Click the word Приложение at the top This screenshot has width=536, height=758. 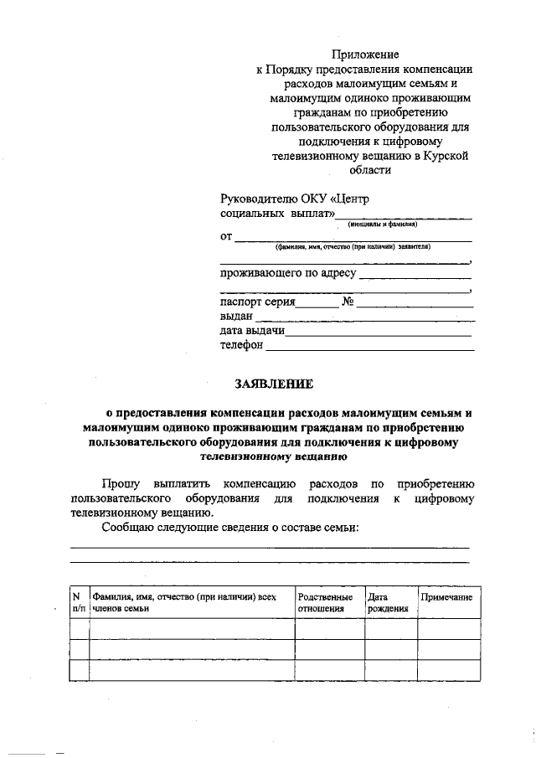364,55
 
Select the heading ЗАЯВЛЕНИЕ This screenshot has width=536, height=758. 273,384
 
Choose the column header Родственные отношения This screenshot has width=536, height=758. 325,602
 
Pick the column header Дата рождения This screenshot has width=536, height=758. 387,602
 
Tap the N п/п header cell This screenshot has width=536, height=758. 78,602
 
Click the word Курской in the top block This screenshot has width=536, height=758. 446,156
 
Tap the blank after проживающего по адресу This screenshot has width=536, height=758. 415,275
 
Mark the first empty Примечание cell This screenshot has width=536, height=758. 449,629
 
